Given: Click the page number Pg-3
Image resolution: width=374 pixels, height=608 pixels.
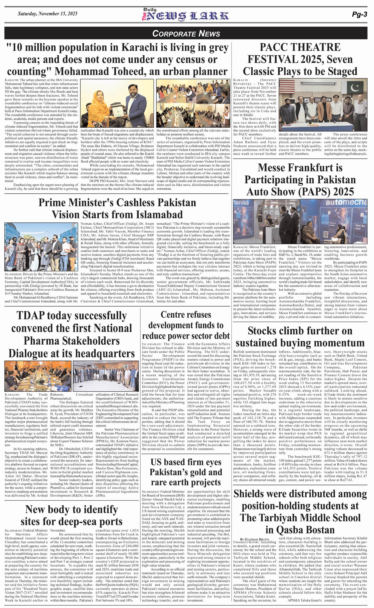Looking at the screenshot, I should pos(359,15).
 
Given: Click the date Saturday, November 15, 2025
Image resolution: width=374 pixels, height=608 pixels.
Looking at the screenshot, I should pos(48,14).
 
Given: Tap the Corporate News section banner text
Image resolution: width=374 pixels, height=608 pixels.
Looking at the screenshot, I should pos(186,33).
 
